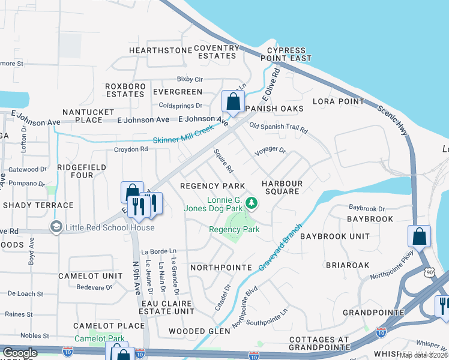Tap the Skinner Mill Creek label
tap(183, 140)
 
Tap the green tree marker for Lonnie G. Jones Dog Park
tap(252, 204)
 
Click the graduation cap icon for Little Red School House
tap(56, 227)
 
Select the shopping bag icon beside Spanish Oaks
tap(233, 101)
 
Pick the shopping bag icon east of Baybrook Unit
tap(419, 236)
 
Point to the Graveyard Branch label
tap(271, 250)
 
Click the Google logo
tap(20, 353)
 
